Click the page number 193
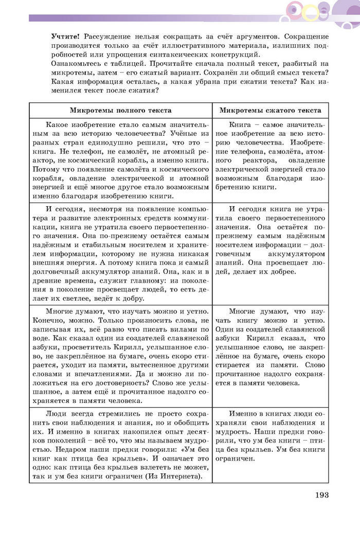(321, 495)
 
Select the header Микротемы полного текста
(121, 111)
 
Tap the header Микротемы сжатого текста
(270, 111)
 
